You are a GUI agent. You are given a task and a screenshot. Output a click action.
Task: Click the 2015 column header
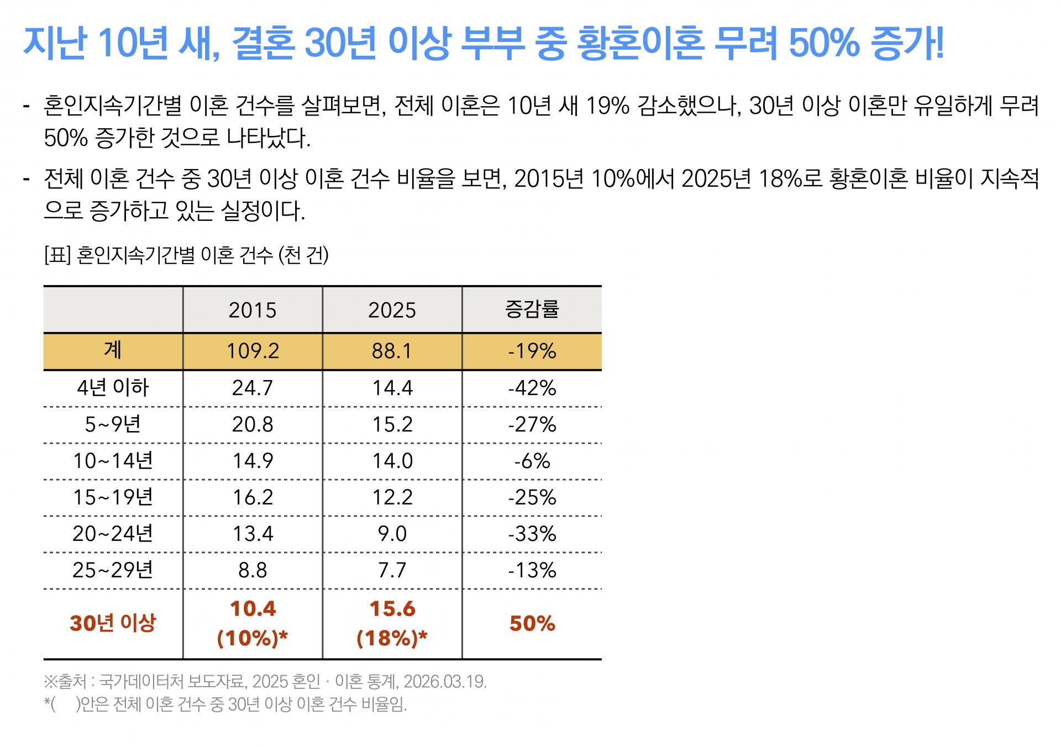coord(253,310)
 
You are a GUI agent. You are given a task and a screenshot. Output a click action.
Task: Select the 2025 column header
coord(392,310)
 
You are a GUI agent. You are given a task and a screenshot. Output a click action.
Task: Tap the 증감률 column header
coord(532,309)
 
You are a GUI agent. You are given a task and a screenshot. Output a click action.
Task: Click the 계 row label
coord(113,350)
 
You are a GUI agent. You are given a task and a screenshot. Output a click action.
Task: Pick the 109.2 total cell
coord(253,351)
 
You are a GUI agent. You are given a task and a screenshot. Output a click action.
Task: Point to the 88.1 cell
coord(392,351)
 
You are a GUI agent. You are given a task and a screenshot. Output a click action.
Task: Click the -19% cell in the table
coord(532,351)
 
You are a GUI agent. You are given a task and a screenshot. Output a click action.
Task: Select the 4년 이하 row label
coord(113,387)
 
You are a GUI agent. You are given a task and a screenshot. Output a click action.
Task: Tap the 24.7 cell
coord(253,388)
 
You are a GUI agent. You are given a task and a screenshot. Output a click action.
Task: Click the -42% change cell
coord(532,388)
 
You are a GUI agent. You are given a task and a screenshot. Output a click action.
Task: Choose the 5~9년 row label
coord(113,424)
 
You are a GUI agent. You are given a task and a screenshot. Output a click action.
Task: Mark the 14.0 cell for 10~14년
coord(392,461)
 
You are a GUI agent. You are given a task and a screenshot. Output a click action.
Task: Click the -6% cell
coord(532,461)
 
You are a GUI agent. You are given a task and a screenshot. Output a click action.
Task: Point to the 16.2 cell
coord(253,497)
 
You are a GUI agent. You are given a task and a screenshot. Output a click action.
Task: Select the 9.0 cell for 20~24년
coord(392,534)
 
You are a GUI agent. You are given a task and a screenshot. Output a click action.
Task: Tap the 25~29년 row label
coord(113,570)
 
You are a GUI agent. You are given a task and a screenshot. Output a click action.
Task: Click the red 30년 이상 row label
coord(113,623)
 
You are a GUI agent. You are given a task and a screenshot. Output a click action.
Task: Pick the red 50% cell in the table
coord(532,623)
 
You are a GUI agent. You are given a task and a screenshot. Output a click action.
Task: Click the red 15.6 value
coord(392,608)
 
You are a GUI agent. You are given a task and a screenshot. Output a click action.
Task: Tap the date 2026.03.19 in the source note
coord(445,682)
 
